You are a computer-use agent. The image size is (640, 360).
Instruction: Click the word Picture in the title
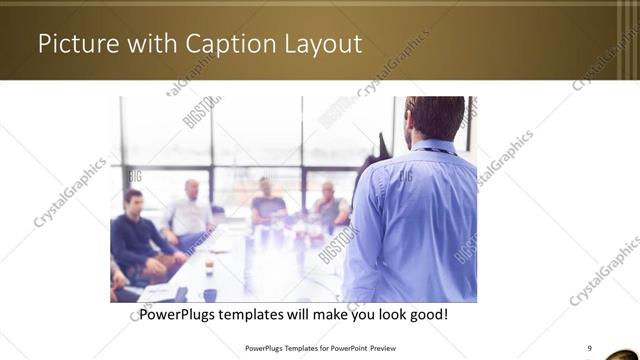click(x=74, y=44)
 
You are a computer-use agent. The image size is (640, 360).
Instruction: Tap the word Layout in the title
click(x=317, y=44)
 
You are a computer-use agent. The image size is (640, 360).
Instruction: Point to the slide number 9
click(x=589, y=347)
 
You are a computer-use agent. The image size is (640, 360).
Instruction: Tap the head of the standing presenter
click(x=435, y=118)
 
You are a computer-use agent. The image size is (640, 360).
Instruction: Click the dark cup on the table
click(x=210, y=294)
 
